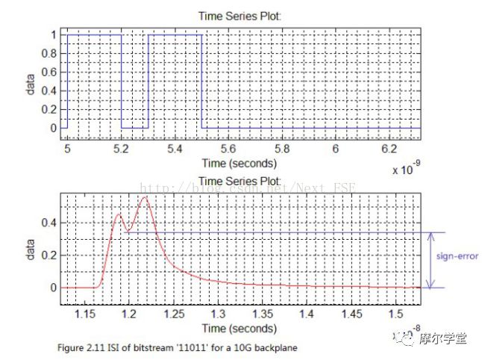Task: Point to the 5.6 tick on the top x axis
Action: click(x=228, y=149)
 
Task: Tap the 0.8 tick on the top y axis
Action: click(x=52, y=53)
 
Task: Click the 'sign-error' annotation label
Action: click(x=457, y=256)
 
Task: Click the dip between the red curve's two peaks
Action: click(x=128, y=232)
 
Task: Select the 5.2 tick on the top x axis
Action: click(x=121, y=149)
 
